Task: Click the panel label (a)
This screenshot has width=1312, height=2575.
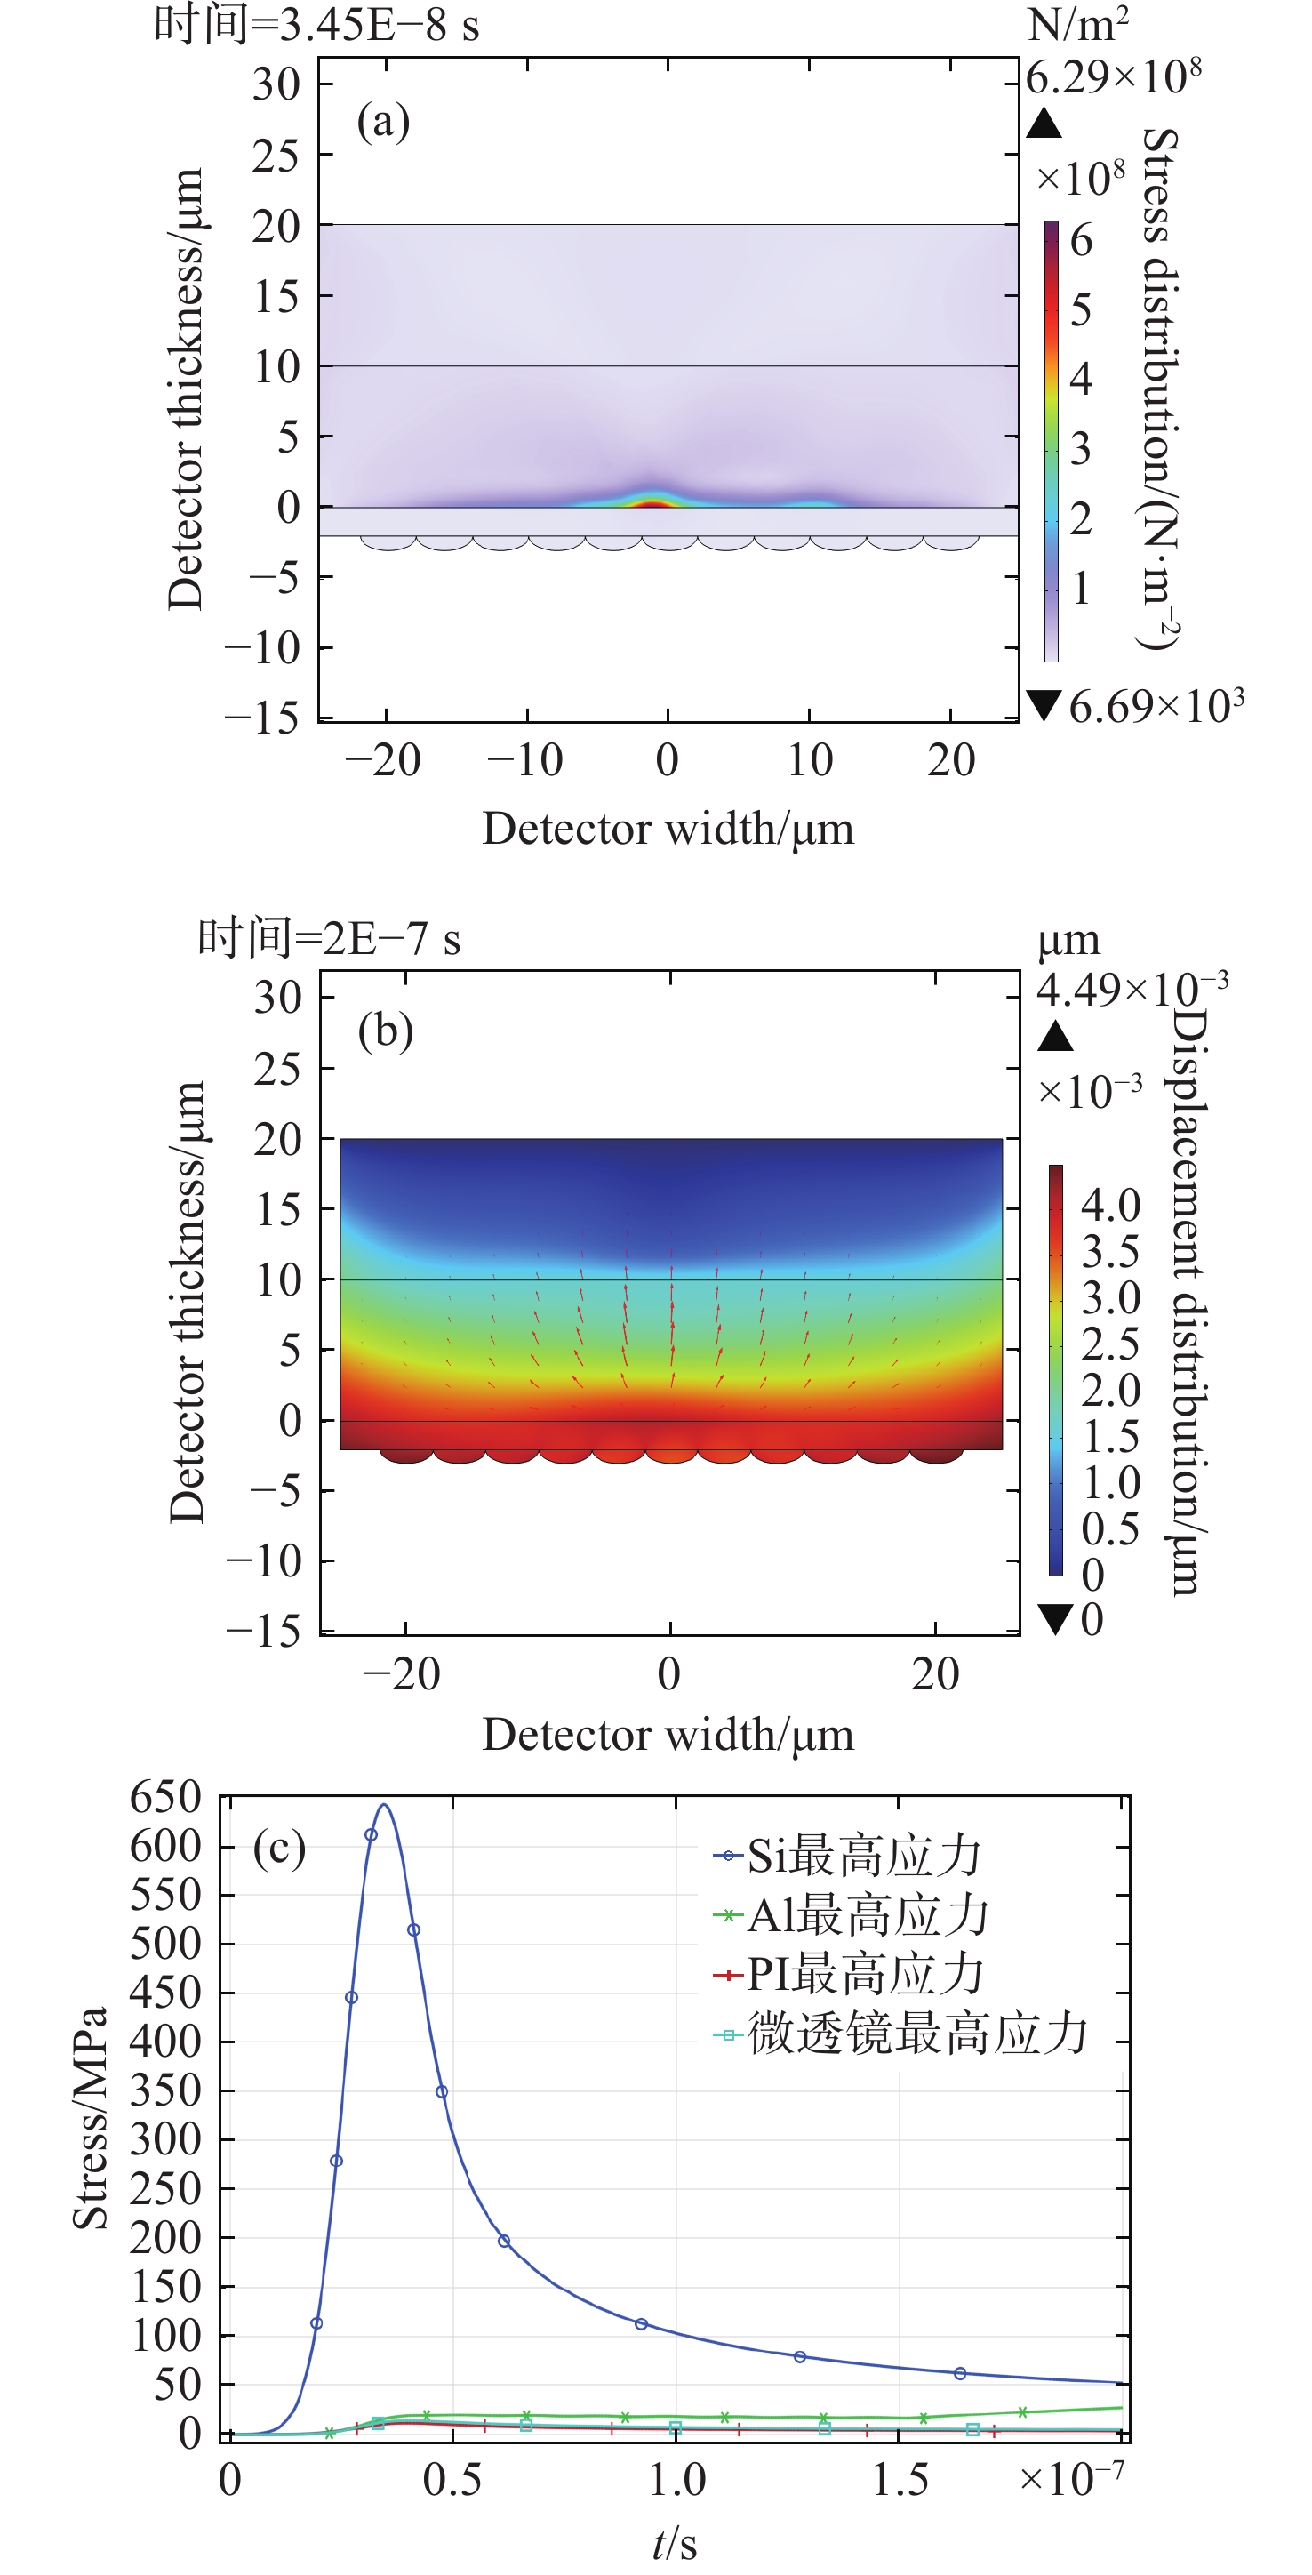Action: point(384,122)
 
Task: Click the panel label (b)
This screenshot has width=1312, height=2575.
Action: point(386,1031)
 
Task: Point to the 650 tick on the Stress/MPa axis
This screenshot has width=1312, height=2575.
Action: point(166,1798)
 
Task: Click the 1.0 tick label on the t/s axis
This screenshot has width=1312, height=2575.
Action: point(676,2480)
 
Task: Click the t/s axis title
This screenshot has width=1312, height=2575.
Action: point(676,2544)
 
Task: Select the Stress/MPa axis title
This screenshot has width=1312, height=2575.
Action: point(90,2117)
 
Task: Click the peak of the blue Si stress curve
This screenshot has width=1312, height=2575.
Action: point(385,1805)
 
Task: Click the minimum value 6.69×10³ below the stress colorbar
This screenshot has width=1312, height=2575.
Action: point(1156,707)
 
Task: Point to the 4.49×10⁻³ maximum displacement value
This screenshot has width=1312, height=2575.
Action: point(1132,990)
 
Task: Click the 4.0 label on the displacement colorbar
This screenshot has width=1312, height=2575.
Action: point(1110,1206)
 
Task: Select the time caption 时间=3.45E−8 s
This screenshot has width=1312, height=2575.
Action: point(316,24)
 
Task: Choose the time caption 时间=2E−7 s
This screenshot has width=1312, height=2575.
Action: point(329,938)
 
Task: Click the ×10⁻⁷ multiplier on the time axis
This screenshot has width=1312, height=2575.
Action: point(1072,2478)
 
